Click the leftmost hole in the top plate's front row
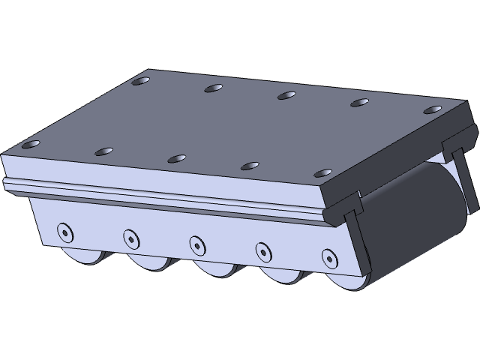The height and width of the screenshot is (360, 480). [x=31, y=144]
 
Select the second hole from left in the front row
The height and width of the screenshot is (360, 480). [x=103, y=151]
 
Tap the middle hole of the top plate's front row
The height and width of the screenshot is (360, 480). [x=176, y=158]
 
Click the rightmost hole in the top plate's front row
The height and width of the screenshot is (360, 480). [x=322, y=173]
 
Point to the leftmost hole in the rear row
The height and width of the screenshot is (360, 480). [x=139, y=82]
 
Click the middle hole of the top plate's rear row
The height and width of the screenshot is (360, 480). [x=286, y=95]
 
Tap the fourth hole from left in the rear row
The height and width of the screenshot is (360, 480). [x=359, y=103]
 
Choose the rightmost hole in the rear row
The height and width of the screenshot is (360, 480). [x=431, y=110]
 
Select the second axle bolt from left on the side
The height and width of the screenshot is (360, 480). [x=130, y=238]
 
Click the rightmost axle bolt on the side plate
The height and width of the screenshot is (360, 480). [x=329, y=257]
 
